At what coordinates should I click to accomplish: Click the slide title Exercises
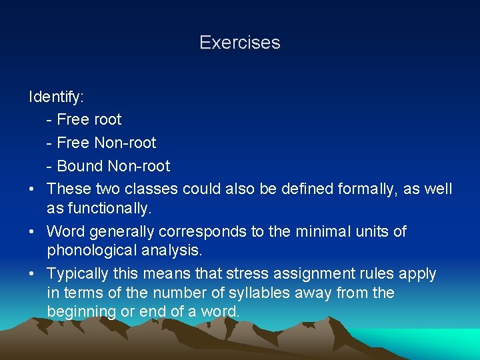[x=239, y=43]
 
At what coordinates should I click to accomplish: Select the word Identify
[x=56, y=97]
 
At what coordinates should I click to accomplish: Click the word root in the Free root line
[x=108, y=120]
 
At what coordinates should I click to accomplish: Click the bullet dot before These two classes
[x=33, y=189]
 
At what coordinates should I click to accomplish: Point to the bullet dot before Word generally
[x=33, y=232]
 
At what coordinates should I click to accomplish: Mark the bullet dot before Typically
[x=33, y=274]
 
